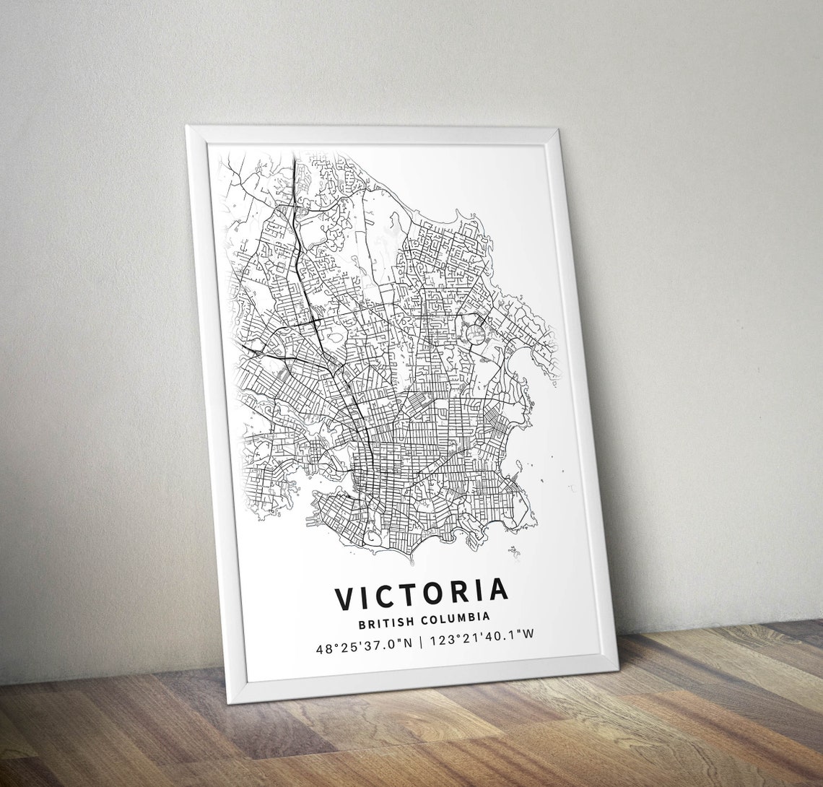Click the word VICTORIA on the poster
tap(422, 594)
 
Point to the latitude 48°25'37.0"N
tap(364, 645)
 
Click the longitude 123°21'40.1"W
tap(481, 638)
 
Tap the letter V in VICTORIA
tap(345, 599)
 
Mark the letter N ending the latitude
tap(408, 643)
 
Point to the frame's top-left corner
tap(188, 128)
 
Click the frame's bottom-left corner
tap(232, 701)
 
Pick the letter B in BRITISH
tap(361, 622)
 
